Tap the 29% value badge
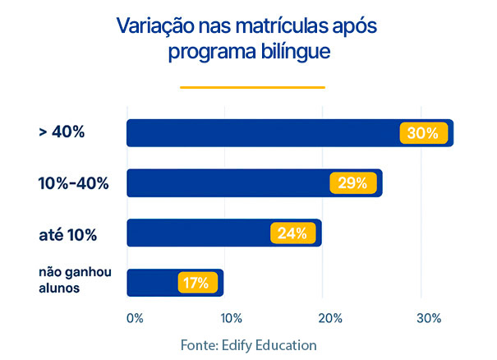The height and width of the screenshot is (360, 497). pyautogui.click(x=352, y=183)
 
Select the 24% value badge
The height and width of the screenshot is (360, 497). pyautogui.click(x=292, y=233)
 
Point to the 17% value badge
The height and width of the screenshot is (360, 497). pyautogui.click(x=196, y=283)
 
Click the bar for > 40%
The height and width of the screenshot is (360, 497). pyautogui.click(x=263, y=133)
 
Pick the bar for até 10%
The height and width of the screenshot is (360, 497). pyautogui.click(x=198, y=233)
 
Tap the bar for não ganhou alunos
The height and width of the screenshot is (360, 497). pyautogui.click(x=152, y=283)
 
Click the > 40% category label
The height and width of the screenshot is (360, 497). pyautogui.click(x=61, y=133)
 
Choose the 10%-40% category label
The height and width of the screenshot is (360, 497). pyautogui.click(x=73, y=183)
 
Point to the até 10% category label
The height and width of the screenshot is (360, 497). pyautogui.click(x=67, y=234)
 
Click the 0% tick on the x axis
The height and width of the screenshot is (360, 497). pyautogui.click(x=135, y=317)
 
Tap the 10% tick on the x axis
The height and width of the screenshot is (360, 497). pyautogui.click(x=231, y=317)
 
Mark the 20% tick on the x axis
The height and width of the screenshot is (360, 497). pyautogui.click(x=329, y=317)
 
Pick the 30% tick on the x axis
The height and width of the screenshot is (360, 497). pyautogui.click(x=429, y=317)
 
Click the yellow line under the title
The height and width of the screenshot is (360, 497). pyautogui.click(x=252, y=87)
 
